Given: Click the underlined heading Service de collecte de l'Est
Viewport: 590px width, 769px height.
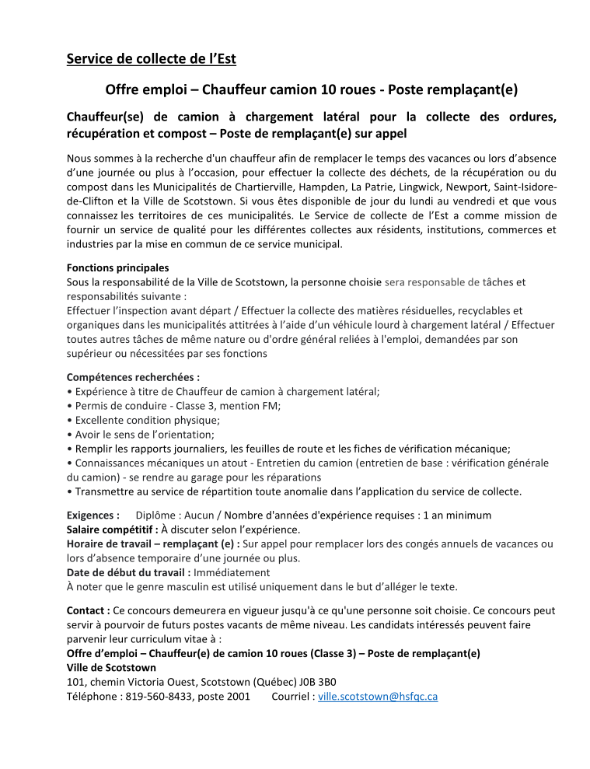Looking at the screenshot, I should coord(151,58).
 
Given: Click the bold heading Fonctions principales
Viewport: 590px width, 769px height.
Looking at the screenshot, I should coord(117,267).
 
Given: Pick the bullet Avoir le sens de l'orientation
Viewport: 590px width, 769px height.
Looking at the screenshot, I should coord(145,434).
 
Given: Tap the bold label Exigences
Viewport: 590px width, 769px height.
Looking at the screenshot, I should coord(93,515).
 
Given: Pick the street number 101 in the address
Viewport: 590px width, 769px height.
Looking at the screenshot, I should coord(75,682).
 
